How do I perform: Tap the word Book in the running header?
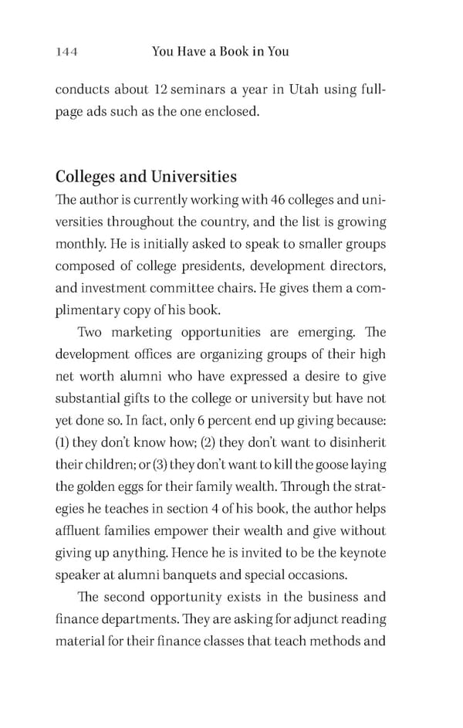click(x=226, y=52)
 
